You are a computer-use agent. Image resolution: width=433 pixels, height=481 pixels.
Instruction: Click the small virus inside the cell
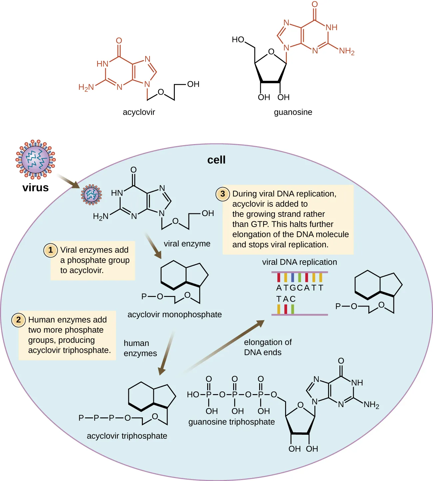(91, 195)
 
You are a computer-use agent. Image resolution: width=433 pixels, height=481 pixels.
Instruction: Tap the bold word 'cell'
(216, 160)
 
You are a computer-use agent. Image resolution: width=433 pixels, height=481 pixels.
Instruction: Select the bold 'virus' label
(35, 188)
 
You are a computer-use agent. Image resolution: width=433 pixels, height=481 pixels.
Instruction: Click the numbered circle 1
(51, 250)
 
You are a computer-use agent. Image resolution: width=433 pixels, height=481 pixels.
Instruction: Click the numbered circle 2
(19, 320)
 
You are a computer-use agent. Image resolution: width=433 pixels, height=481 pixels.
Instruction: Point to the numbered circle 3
(223, 194)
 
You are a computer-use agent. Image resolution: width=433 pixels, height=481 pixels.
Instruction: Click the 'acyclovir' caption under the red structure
(139, 112)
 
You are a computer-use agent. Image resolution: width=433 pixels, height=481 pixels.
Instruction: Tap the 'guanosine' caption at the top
(293, 112)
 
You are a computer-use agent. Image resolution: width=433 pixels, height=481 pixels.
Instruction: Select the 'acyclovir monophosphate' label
(175, 315)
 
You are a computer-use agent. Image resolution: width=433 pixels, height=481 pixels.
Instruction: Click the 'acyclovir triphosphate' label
(127, 436)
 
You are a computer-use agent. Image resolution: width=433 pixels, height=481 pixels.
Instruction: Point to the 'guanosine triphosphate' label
(231, 422)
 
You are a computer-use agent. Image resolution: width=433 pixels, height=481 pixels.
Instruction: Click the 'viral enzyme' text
(187, 244)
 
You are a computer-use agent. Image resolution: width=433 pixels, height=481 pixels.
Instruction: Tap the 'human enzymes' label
(140, 348)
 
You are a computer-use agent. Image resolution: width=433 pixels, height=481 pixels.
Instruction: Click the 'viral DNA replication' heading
(299, 262)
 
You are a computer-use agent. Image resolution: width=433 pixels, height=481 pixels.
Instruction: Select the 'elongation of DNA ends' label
(267, 347)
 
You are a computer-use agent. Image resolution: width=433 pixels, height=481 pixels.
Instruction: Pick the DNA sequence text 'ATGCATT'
(300, 288)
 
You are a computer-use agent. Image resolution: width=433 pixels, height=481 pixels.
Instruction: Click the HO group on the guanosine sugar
(238, 40)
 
